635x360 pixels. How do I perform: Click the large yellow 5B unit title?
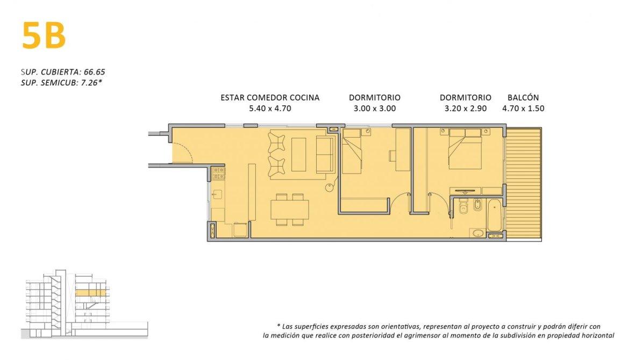tap(44, 35)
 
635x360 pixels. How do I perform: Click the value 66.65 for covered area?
tap(94, 72)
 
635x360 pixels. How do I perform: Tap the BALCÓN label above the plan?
tap(523, 97)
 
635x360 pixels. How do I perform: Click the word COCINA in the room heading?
tap(303, 97)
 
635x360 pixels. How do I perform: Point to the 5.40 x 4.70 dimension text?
tap(270, 109)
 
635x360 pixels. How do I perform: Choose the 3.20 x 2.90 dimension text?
tap(465, 109)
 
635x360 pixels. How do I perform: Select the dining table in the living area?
tap(290, 210)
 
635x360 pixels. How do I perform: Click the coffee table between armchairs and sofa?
tap(298, 155)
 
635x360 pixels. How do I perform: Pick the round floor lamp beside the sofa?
tap(330, 186)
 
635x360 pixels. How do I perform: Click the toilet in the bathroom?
tap(463, 206)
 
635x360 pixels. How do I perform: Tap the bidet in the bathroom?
tap(478, 205)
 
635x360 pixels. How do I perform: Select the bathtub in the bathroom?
tap(495, 214)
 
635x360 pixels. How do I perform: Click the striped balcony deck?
tap(524, 184)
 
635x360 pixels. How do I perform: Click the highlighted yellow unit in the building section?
tap(90, 293)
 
